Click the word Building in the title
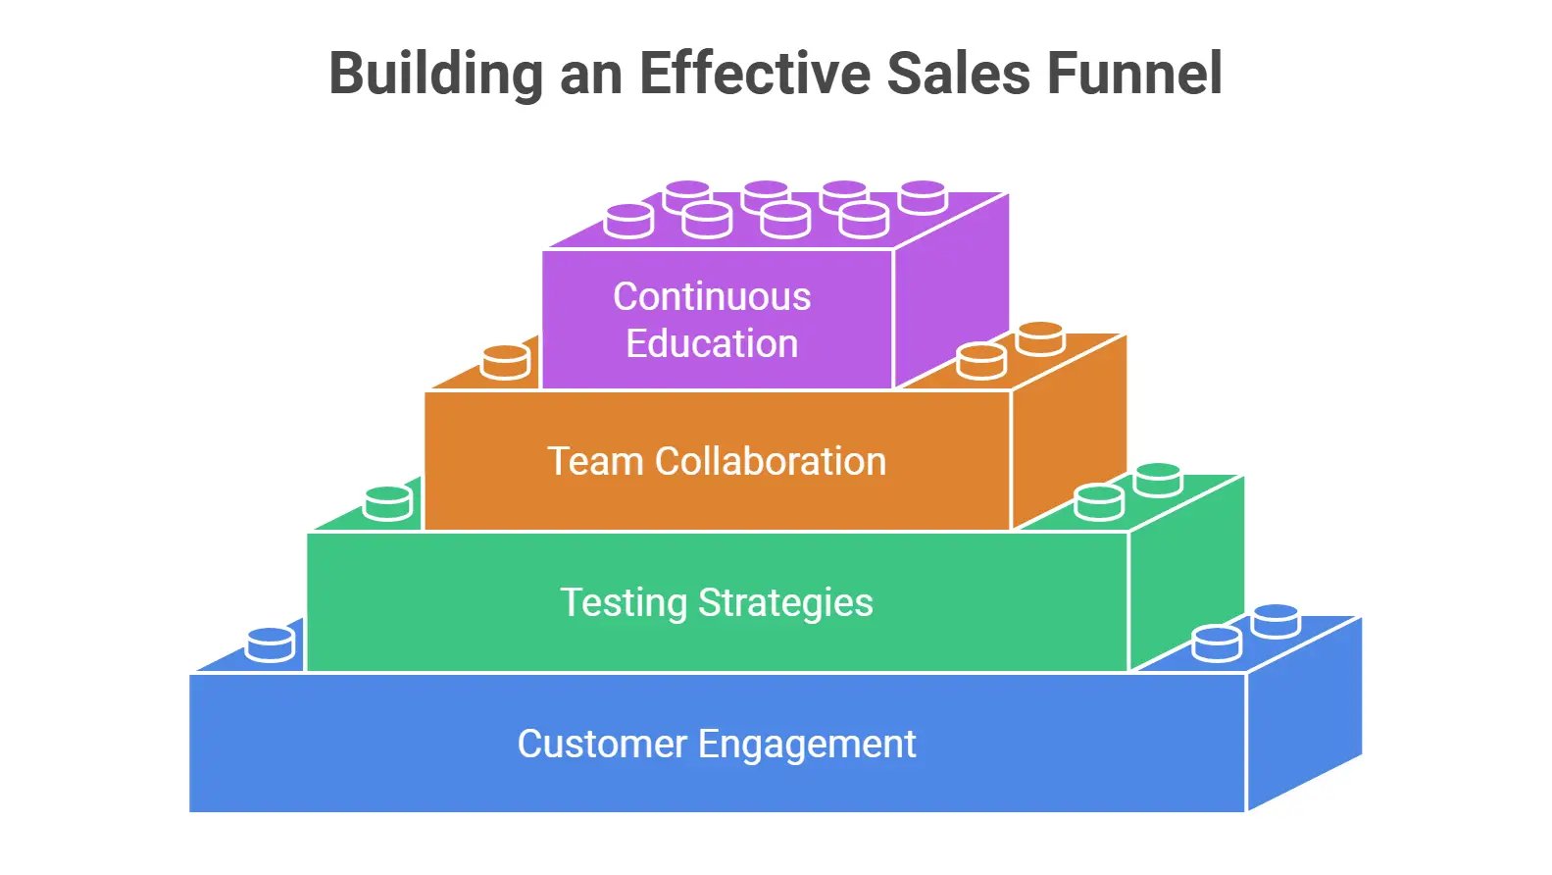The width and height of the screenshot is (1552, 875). pyautogui.click(x=436, y=75)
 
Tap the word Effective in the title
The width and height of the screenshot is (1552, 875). pyautogui.click(x=755, y=73)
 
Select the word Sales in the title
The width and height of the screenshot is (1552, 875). pyautogui.click(x=958, y=74)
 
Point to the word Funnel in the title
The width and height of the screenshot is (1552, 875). pyautogui.click(x=1134, y=73)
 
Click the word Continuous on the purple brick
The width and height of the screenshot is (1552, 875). pyautogui.click(x=712, y=297)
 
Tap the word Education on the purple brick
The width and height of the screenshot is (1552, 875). pyautogui.click(x=712, y=343)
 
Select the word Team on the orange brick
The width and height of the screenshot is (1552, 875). pyautogui.click(x=595, y=461)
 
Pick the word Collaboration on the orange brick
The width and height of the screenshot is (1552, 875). pyautogui.click(x=771, y=461)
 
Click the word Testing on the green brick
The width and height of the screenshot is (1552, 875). pyautogui.click(x=623, y=602)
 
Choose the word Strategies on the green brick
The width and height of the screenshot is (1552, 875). pyautogui.click(x=785, y=602)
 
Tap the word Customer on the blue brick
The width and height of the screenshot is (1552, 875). pyautogui.click(x=601, y=744)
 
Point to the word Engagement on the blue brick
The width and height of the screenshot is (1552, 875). pyautogui.click(x=807, y=746)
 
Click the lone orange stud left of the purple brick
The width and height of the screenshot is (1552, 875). pyautogui.click(x=506, y=362)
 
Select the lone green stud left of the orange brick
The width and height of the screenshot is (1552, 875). pyautogui.click(x=388, y=503)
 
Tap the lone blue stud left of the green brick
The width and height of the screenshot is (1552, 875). pyautogui.click(x=271, y=644)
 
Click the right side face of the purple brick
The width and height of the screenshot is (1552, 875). pyautogui.click(x=951, y=291)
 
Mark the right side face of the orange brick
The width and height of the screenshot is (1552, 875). pyautogui.click(x=1069, y=433)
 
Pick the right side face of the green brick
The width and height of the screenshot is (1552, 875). pyautogui.click(x=1186, y=574)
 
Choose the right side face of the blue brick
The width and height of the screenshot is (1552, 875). pyautogui.click(x=1304, y=714)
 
